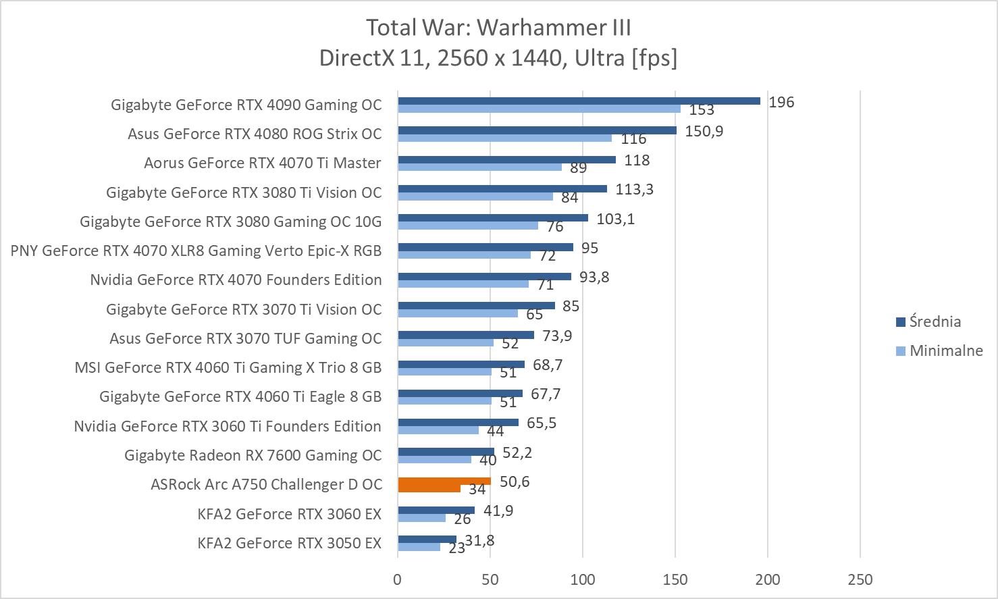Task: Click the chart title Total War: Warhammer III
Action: point(498,28)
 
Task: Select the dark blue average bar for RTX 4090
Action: point(579,101)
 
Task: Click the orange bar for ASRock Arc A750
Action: point(444,481)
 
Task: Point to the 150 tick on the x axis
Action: point(675,579)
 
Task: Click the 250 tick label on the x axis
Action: point(860,579)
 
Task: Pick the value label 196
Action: point(781,102)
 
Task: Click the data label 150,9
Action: point(704,131)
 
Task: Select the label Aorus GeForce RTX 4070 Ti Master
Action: point(262,163)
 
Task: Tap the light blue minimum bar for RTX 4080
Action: point(504,138)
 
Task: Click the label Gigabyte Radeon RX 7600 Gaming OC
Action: point(253,455)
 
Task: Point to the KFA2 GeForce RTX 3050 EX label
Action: point(289,543)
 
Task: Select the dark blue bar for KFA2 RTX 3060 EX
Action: point(436,511)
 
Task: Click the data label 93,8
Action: point(594,277)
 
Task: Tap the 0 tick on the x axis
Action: point(397,579)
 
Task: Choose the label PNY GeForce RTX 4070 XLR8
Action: point(196,251)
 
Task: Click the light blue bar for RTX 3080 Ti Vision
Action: point(475,197)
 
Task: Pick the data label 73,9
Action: point(557,336)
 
